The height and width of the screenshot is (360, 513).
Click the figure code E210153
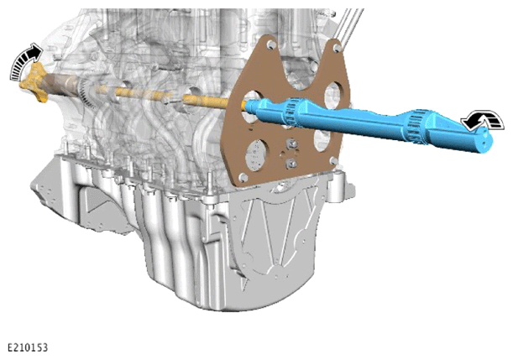[28, 347]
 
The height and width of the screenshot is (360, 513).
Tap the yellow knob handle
[33, 82]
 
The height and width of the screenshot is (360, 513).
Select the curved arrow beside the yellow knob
[25, 60]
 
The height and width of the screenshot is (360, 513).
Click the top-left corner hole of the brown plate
[270, 44]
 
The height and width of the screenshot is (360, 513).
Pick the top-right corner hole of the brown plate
[337, 49]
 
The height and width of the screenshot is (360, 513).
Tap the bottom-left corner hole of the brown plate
[243, 177]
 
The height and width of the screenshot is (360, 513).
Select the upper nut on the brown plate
[290, 143]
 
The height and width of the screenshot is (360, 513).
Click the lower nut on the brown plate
[291, 164]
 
